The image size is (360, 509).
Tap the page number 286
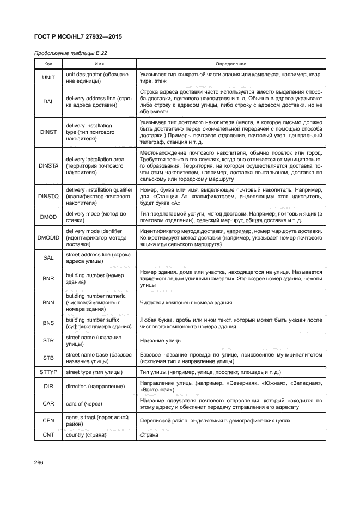pos(39,463)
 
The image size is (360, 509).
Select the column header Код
pos(48,64)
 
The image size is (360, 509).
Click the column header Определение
pos(231,64)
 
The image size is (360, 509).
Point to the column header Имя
pos(100,64)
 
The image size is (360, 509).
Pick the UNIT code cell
pos(48,77)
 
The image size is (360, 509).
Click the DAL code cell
pos(48,101)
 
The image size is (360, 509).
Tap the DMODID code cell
pos(48,237)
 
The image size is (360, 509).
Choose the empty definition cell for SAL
pos(231,257)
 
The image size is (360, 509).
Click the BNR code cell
pos(48,278)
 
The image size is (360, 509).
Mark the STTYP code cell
pos(48,372)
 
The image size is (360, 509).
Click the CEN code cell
pos(48,420)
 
